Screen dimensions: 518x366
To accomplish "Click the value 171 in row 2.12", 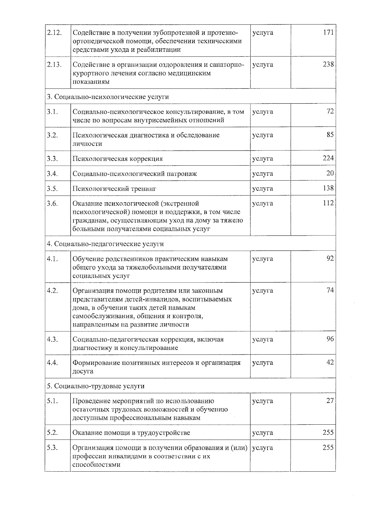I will point(328,32).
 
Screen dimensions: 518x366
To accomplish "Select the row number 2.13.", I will point(55,65).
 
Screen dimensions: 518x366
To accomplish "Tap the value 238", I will point(328,64).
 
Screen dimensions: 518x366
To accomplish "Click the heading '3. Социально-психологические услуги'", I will point(108,97).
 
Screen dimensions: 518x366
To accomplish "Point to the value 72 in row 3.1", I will point(330,111).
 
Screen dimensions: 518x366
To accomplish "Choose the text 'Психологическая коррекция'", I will point(117,159).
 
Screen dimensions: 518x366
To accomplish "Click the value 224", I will point(328,158).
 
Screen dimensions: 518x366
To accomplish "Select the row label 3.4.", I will point(52,174).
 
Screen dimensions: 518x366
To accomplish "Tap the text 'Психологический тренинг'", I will point(114,189).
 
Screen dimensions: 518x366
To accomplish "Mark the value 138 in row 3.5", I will point(328,188).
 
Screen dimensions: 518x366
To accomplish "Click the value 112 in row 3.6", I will point(328,203).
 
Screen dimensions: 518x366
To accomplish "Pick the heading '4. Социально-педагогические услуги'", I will point(105,244).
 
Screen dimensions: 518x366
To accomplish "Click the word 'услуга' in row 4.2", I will point(262,291).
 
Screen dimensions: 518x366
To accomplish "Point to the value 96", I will point(330,339).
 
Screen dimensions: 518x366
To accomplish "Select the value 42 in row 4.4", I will point(330,362).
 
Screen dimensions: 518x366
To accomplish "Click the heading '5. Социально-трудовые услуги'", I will point(95,386).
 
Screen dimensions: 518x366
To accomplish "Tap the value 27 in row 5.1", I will point(330,401).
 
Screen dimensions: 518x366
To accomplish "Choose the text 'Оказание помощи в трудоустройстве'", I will point(131,433).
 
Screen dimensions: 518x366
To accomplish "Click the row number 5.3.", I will point(52,448).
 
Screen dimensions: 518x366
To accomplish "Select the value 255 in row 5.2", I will point(328,432).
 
